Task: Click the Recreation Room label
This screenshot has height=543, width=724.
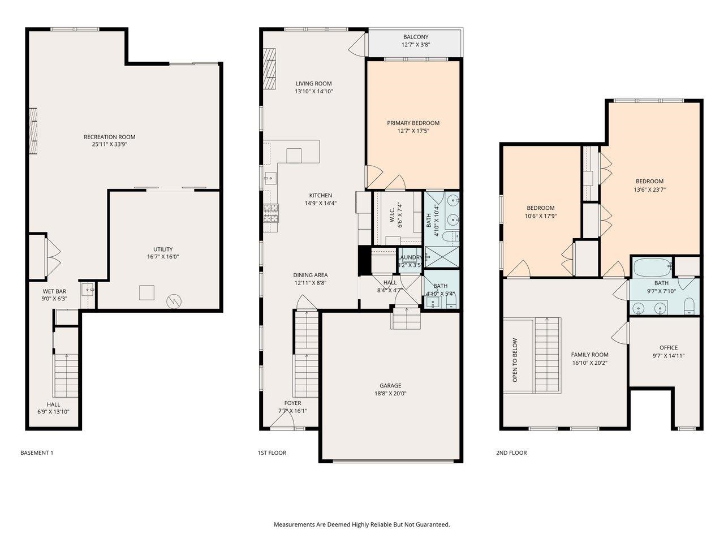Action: click(x=109, y=137)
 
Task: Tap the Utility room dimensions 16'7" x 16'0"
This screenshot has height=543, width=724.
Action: click(x=163, y=257)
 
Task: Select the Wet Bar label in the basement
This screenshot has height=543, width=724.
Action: click(x=54, y=291)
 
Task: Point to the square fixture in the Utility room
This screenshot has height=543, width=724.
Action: click(x=147, y=292)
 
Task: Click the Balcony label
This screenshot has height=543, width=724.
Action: click(x=416, y=37)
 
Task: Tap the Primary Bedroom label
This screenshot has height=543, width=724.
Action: click(x=413, y=123)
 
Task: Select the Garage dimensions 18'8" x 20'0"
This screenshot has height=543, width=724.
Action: click(x=390, y=394)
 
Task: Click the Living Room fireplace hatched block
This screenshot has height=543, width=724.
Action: click(x=270, y=69)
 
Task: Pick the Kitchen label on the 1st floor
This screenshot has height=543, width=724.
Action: click(x=320, y=196)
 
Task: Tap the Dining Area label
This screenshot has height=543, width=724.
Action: click(x=311, y=275)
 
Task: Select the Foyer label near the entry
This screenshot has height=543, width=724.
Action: click(x=292, y=403)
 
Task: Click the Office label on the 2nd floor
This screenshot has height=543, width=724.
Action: click(x=668, y=348)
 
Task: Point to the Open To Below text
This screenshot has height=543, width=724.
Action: click(x=515, y=360)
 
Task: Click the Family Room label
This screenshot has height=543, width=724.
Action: click(x=589, y=355)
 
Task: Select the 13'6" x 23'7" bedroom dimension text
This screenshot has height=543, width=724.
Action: click(x=649, y=190)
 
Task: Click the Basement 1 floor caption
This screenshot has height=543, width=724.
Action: click(x=37, y=453)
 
